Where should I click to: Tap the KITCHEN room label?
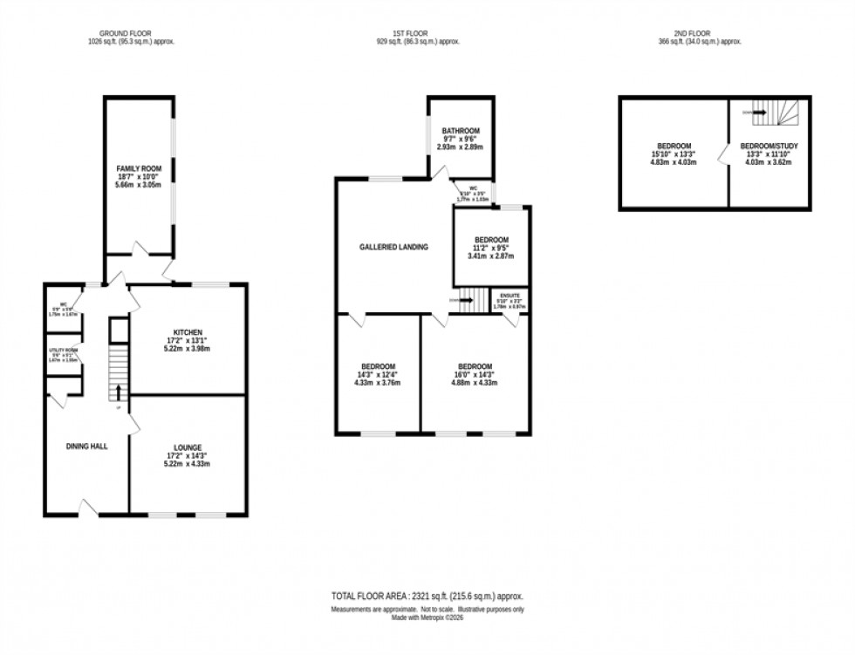(x=188, y=332)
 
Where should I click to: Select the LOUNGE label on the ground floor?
(x=187, y=447)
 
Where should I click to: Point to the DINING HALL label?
(x=86, y=447)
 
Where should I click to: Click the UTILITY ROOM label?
(x=63, y=351)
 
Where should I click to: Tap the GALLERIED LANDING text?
(x=393, y=247)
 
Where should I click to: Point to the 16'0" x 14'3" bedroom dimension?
(x=475, y=375)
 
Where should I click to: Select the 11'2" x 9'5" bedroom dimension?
(x=489, y=248)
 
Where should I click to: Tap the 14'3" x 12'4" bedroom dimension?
(x=379, y=375)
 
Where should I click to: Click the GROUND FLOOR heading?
(x=132, y=32)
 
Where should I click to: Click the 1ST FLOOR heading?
(x=418, y=32)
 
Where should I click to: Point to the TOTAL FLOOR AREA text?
(x=427, y=596)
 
